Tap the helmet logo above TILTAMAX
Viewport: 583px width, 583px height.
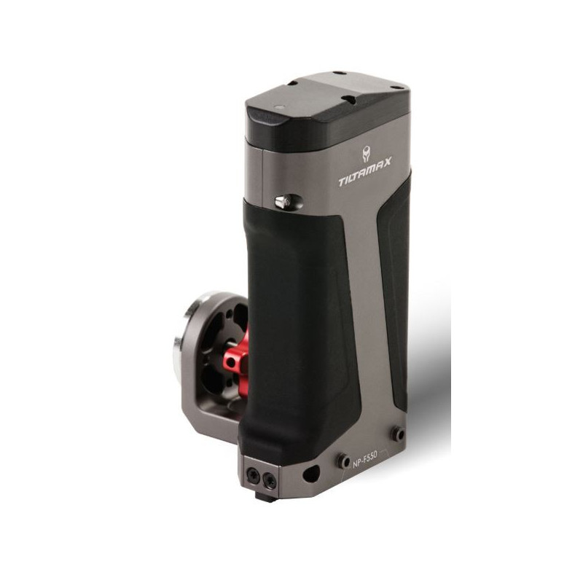pos(367,154)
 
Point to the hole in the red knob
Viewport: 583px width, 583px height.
pos(231,361)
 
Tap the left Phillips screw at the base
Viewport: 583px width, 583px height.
pos(253,474)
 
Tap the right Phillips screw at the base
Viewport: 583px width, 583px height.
pos(269,482)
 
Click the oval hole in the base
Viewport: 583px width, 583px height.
pos(311,473)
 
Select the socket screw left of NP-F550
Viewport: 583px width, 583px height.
pos(343,461)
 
